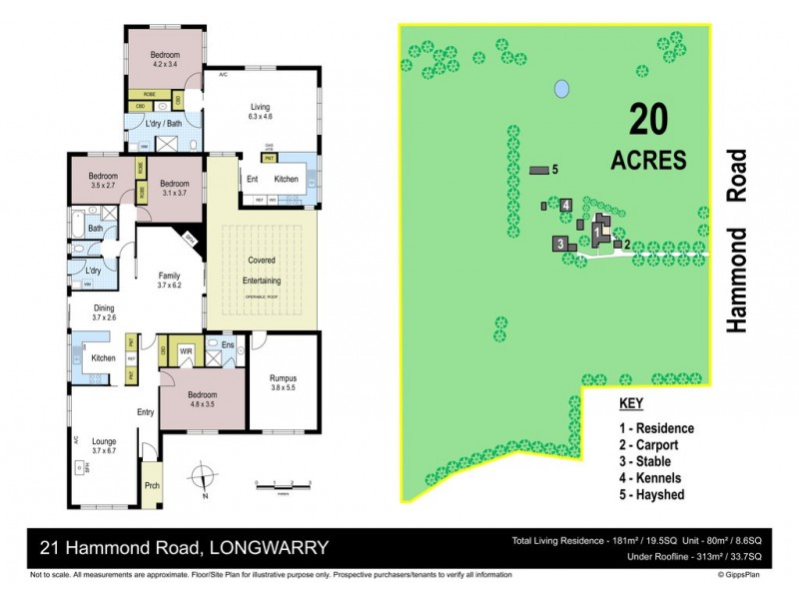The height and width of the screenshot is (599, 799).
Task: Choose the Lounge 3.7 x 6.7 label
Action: tap(105, 446)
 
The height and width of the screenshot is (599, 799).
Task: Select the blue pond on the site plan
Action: tap(562, 89)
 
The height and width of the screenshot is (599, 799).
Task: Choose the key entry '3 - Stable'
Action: tap(652, 462)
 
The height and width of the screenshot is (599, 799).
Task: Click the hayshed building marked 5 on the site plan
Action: tap(539, 171)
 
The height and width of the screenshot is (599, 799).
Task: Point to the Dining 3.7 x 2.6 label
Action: tap(105, 313)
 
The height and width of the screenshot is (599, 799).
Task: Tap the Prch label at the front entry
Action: tap(152, 488)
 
